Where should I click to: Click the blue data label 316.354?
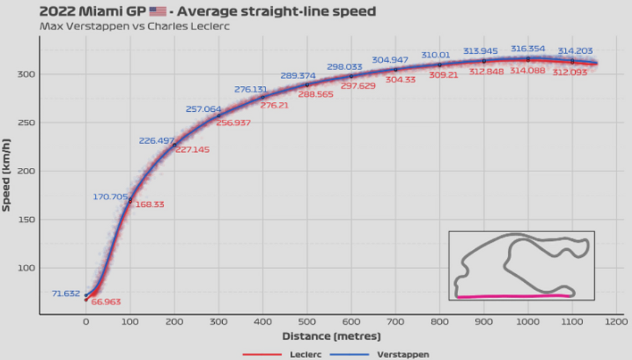tap(528, 49)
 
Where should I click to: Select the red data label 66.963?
tap(106, 302)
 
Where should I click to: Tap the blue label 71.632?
tap(66, 293)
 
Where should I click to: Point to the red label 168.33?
tap(149, 204)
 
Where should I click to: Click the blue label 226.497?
tap(156, 141)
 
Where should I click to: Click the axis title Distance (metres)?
tap(331, 337)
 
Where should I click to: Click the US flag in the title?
tap(158, 12)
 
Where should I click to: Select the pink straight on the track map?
tap(512, 296)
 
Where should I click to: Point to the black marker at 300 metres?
tap(218, 116)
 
